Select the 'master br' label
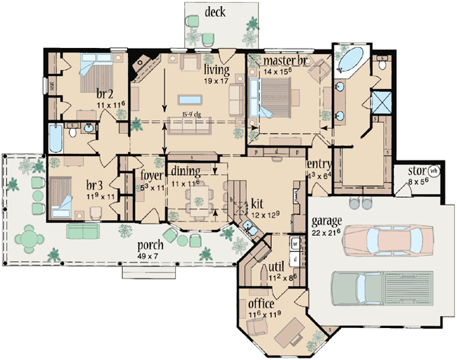pyautogui.click(x=284, y=60)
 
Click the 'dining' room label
pyautogui.click(x=186, y=170)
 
